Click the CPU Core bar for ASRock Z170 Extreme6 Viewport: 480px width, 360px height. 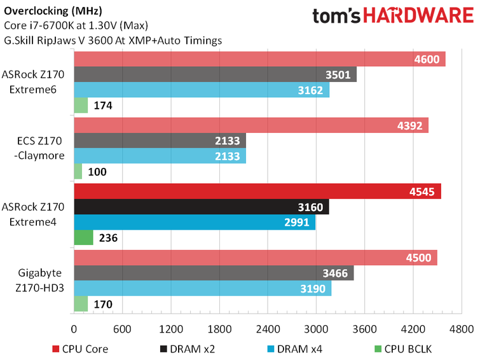point(259,59)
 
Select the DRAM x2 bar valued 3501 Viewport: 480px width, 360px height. point(215,74)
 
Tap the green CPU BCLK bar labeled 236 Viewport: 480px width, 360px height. point(84,238)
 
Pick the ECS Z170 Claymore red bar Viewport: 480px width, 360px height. point(251,125)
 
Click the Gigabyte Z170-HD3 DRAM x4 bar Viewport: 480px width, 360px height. point(203,289)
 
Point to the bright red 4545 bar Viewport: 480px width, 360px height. point(257,191)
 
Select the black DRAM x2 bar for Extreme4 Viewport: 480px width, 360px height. point(202,207)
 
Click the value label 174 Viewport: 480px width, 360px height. point(103,106)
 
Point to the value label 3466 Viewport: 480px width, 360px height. point(336,273)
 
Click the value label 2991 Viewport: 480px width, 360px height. point(297,223)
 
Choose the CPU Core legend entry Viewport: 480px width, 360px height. point(80,349)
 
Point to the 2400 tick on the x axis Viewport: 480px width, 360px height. point(268,329)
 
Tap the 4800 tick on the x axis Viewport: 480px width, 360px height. point(461,329)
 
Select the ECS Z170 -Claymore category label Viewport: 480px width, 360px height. point(38,148)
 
